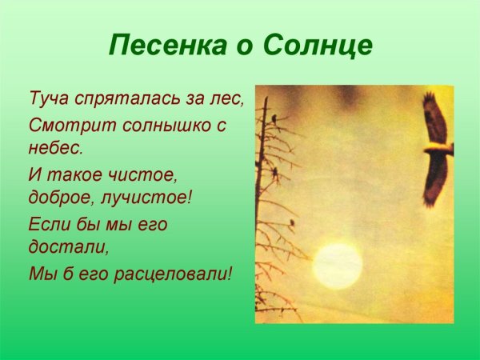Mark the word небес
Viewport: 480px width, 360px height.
click(55, 148)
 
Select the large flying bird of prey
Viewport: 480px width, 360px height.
click(436, 148)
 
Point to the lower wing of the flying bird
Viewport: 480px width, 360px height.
click(435, 179)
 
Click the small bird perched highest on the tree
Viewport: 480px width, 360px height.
click(274, 118)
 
